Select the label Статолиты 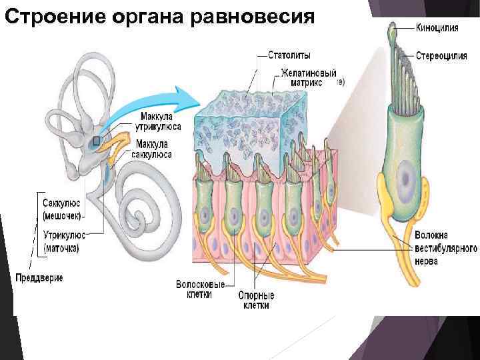tap(289, 55)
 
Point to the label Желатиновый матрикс tap(307, 77)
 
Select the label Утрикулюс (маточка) tap(61, 241)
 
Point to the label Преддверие tap(39, 277)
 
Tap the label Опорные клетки tap(256, 299)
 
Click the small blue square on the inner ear tap(97, 141)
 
